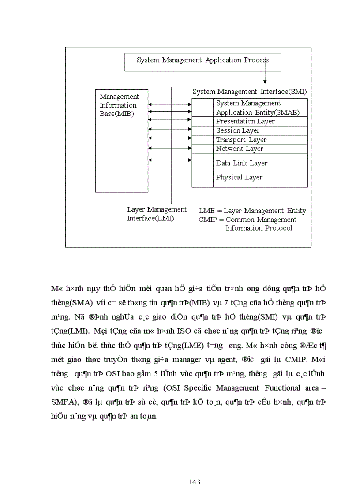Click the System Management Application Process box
click(202, 62)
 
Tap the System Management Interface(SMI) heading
click(249, 92)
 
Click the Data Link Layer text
click(242, 163)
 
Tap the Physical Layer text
click(239, 177)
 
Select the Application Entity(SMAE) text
click(258, 112)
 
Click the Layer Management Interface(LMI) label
click(157, 214)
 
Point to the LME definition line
click(252, 211)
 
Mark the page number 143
click(195, 482)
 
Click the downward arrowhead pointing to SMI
click(265, 81)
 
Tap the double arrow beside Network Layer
click(170, 149)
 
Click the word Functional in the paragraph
click(285, 388)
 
